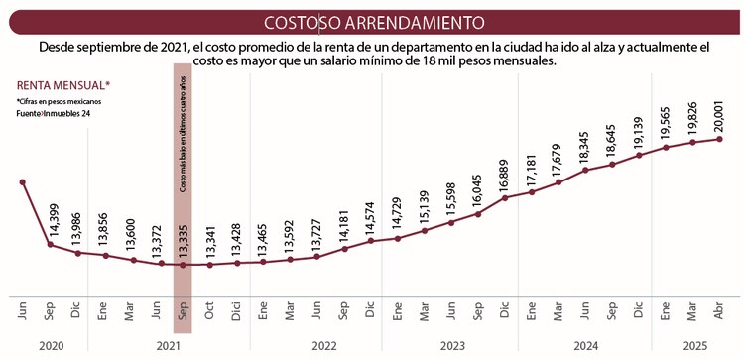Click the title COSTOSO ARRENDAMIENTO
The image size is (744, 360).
click(x=372, y=21)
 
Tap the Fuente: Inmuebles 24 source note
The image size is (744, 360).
click(x=50, y=114)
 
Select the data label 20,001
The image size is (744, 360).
click(x=717, y=117)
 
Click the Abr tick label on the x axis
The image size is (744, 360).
click(x=718, y=310)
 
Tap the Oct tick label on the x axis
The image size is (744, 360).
click(x=209, y=310)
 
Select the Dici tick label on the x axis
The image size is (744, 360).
click(x=236, y=310)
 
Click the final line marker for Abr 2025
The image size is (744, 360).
click(x=718, y=139)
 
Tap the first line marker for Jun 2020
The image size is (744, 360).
click(x=23, y=181)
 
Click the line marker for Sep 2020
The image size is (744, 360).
click(x=50, y=244)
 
